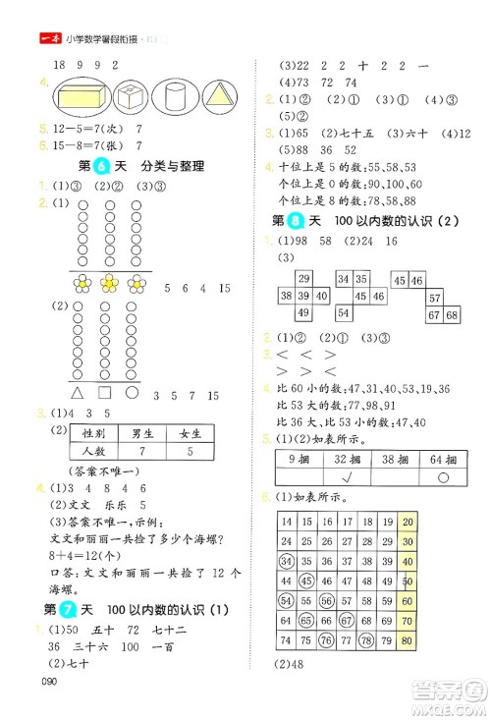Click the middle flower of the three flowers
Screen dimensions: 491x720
(110, 285)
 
